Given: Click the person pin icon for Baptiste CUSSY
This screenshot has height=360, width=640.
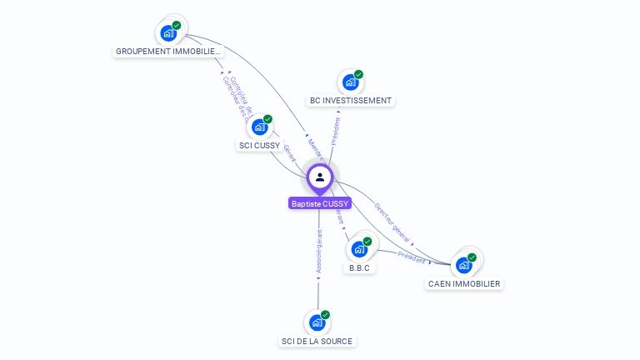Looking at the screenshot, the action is tap(320, 177).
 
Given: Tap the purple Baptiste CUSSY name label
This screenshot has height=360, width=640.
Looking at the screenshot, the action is tap(320, 203).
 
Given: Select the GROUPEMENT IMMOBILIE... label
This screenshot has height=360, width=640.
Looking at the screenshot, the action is tap(169, 52).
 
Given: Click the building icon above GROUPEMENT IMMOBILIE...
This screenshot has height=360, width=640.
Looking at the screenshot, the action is tap(169, 33).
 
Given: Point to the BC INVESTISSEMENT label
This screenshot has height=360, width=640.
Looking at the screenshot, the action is tap(350, 101).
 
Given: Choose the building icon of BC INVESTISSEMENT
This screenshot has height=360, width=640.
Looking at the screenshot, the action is tap(350, 82).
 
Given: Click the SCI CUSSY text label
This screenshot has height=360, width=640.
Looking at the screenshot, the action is tap(259, 146).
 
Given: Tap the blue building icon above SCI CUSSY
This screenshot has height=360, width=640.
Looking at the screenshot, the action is tap(259, 127).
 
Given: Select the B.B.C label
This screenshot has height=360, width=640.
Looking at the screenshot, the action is tap(359, 268).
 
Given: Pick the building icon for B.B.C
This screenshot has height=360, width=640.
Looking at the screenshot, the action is tap(359, 248).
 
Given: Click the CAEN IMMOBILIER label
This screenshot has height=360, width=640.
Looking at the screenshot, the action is tap(464, 284).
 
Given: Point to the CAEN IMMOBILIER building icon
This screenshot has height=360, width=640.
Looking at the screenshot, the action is tap(463, 265).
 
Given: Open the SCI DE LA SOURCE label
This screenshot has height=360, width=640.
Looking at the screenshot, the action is tap(317, 342).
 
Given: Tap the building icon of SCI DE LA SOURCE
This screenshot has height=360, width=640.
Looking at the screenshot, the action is tap(317, 322).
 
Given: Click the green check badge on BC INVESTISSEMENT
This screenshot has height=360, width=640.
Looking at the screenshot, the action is tap(358, 75).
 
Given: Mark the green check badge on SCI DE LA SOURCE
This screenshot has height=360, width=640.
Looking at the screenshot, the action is tap(325, 315).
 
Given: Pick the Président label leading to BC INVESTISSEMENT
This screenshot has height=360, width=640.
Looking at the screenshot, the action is tap(336, 131).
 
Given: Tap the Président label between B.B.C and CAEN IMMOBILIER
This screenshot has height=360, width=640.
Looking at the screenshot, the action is tap(412, 257).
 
